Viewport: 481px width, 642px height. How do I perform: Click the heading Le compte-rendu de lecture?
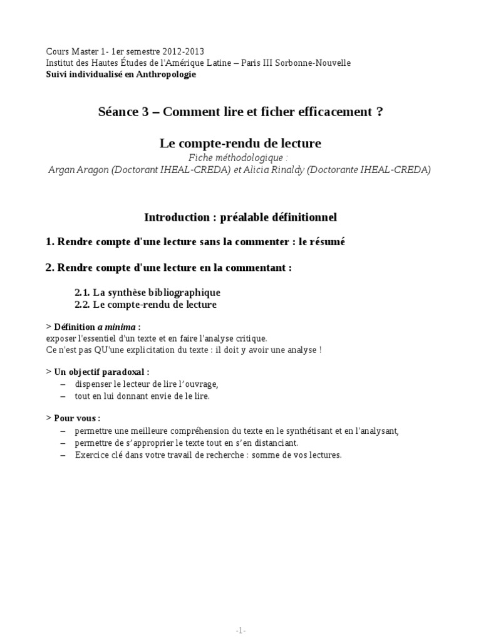click(240, 144)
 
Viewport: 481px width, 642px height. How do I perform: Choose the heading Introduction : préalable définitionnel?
click(240, 218)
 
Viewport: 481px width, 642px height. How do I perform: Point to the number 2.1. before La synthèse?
click(82, 293)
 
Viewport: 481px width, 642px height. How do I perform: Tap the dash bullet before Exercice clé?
click(63, 455)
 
